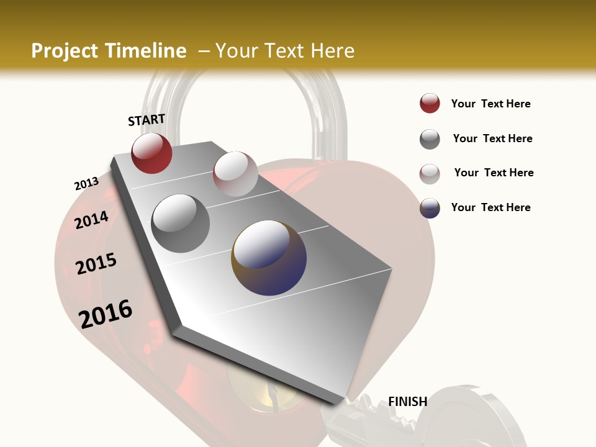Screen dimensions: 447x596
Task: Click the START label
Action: pos(147,120)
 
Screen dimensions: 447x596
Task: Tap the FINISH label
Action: pos(407,402)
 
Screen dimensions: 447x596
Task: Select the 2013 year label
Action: pos(86,184)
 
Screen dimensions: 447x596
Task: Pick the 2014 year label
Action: pos(91,220)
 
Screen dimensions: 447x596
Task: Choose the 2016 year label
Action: pos(106,314)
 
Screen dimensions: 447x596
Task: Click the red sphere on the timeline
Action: pos(151,153)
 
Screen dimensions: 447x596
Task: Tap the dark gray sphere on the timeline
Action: pos(180,223)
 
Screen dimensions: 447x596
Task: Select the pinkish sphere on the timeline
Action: pos(235,174)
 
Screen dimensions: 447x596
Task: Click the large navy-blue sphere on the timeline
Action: pos(269,257)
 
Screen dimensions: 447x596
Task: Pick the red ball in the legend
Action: pos(430,104)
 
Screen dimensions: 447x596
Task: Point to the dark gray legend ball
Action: pos(430,139)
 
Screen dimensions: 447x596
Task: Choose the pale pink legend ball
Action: pos(430,173)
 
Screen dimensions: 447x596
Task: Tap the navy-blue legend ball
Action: pos(430,208)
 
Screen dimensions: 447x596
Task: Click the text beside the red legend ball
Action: pos(490,104)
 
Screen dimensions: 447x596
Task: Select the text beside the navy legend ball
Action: pos(490,207)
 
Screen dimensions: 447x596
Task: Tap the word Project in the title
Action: pos(63,51)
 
